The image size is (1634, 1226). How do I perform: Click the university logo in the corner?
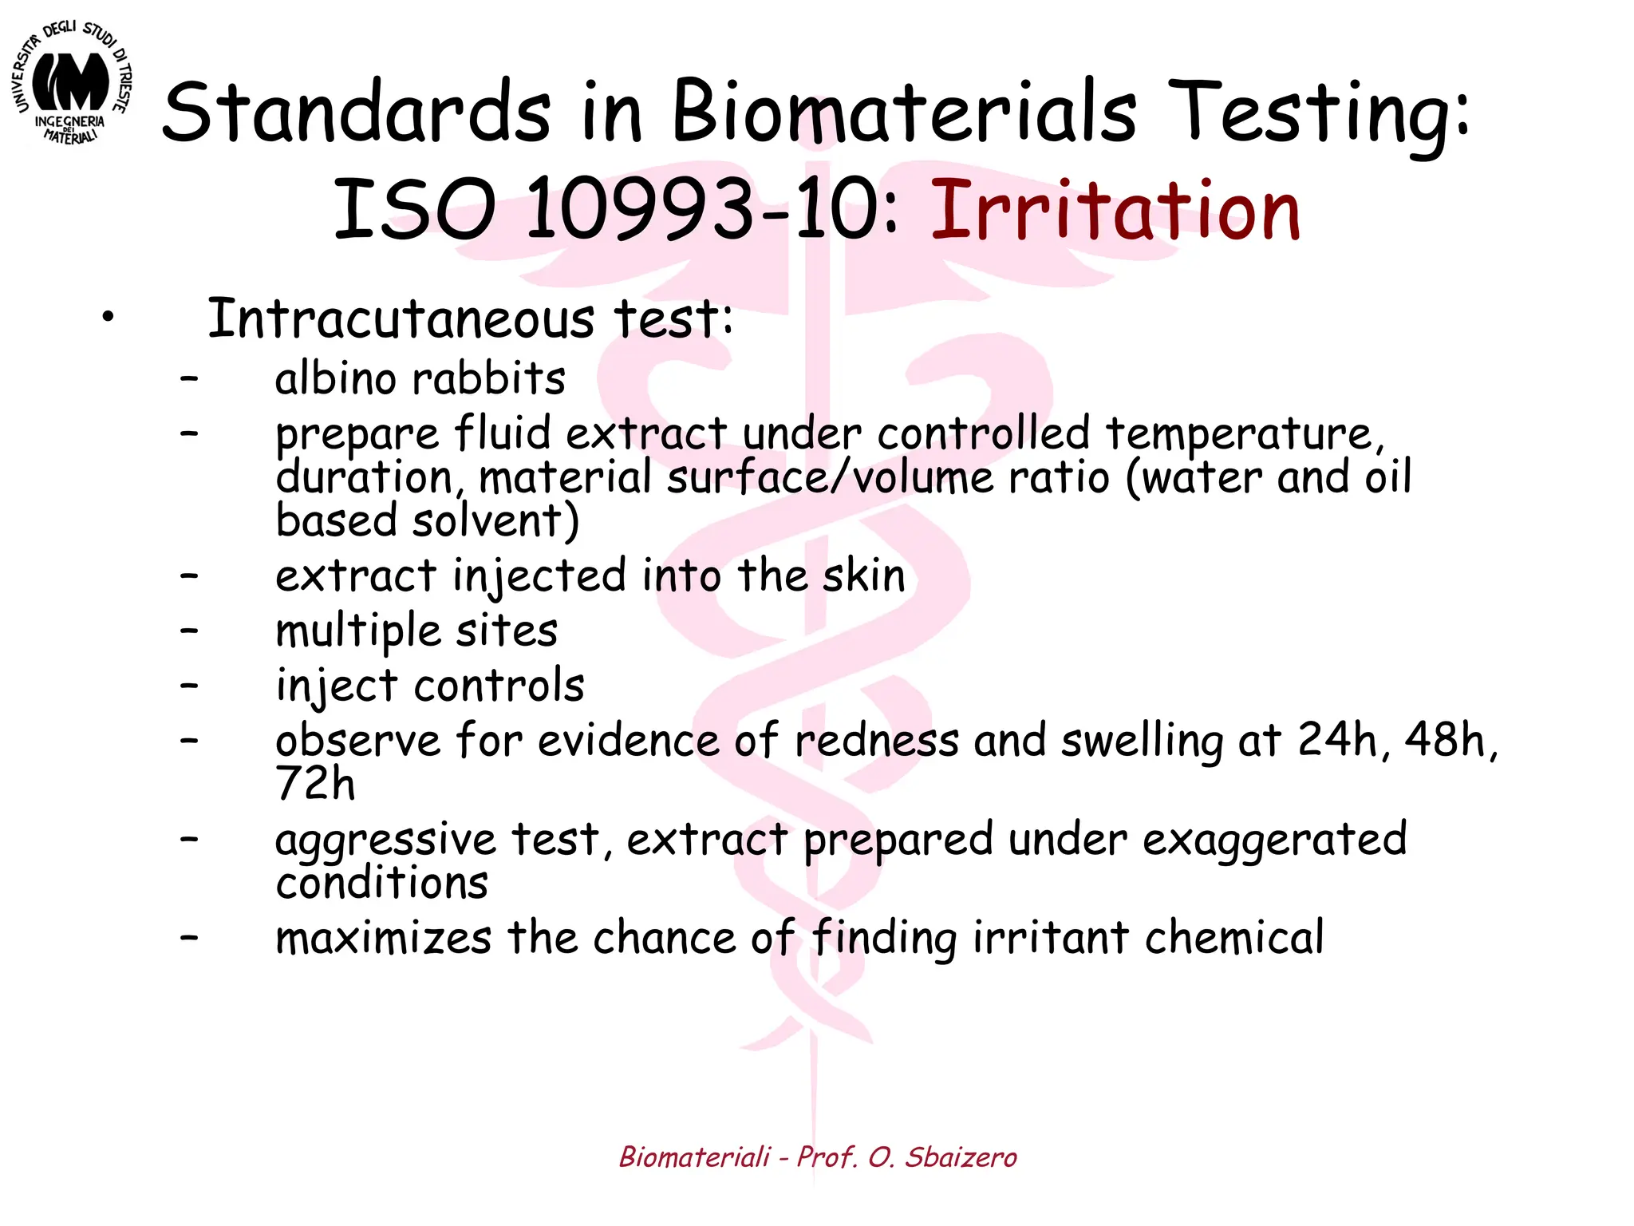72,84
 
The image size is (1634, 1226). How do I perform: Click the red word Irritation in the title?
1115,211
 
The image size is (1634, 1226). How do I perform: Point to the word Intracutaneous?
401,319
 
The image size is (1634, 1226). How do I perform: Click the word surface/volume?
830,478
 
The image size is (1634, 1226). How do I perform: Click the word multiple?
358,631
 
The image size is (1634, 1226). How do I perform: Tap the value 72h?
315,783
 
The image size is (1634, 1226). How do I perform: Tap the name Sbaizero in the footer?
961,1157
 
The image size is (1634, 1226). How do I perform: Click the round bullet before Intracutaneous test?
108,318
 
